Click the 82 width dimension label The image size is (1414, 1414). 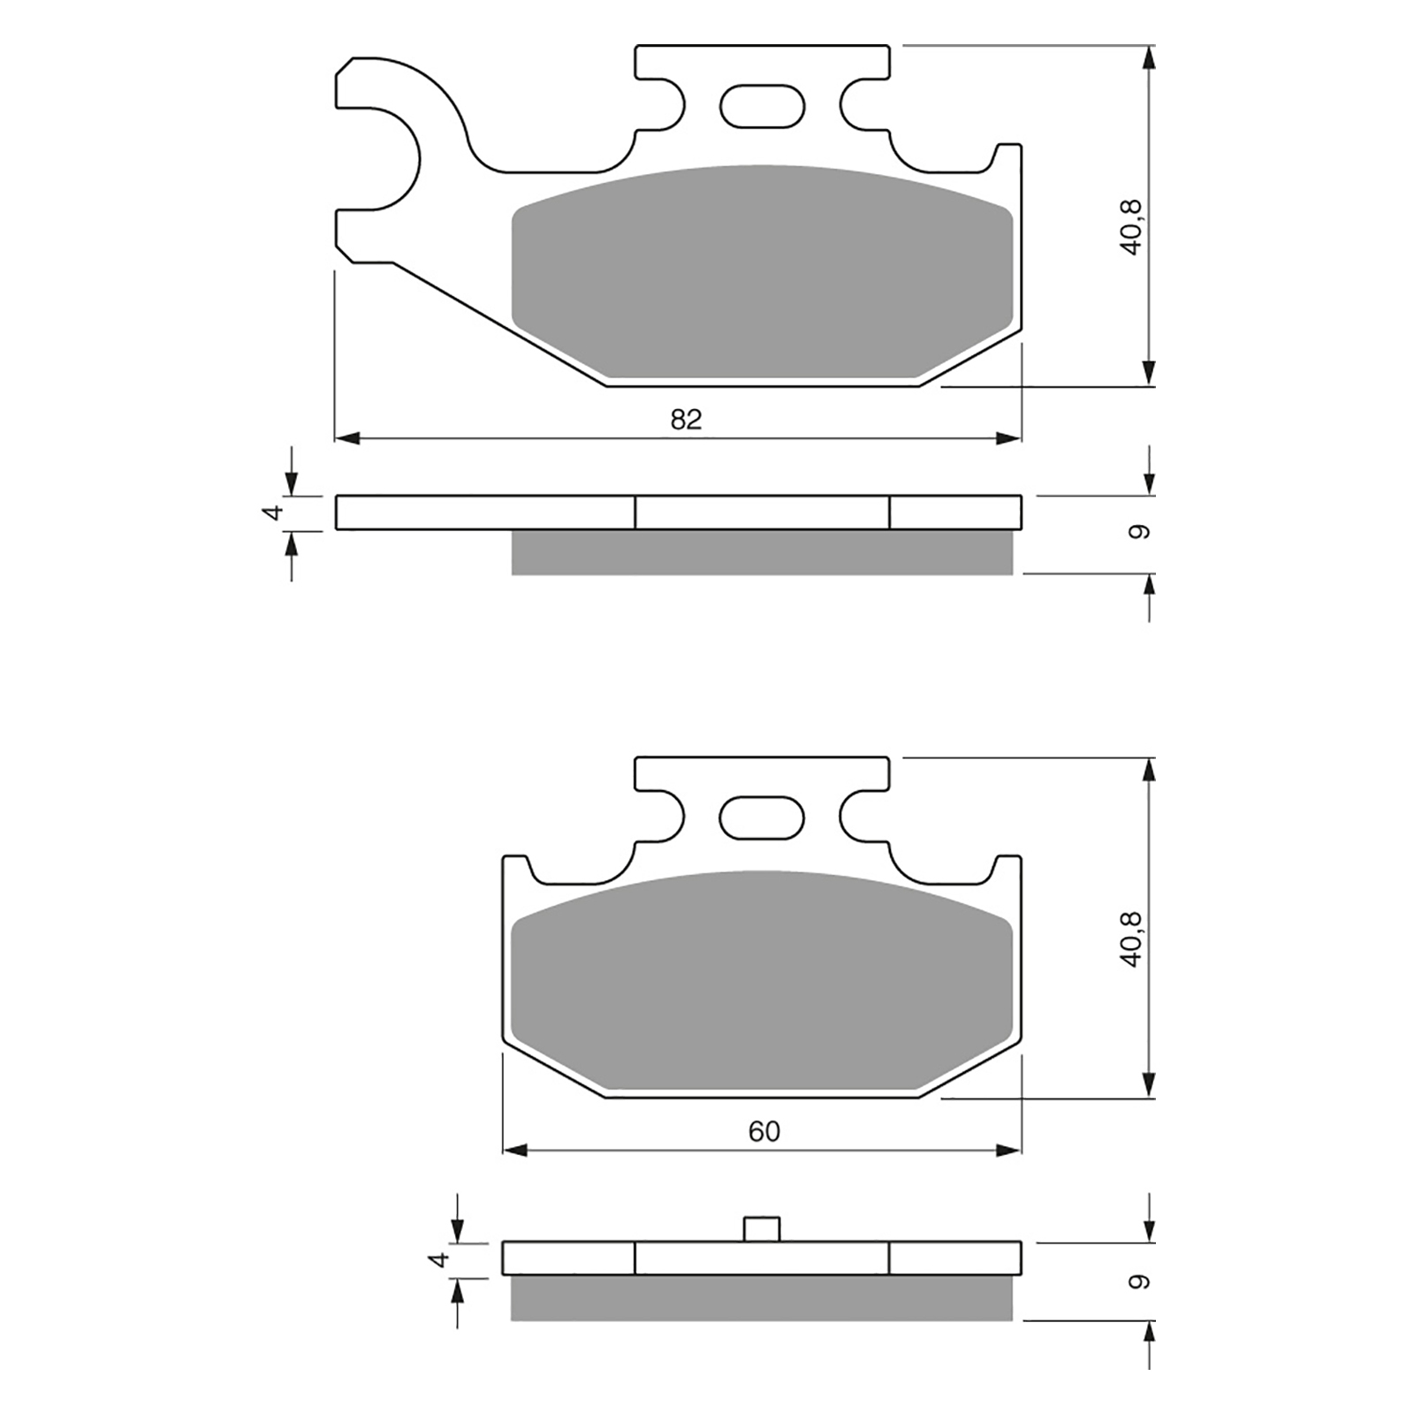click(x=686, y=419)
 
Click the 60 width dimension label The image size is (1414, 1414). click(x=764, y=1132)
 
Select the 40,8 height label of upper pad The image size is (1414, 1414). click(x=1132, y=228)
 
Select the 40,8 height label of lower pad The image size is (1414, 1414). click(x=1132, y=939)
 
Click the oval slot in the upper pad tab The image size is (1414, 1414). click(x=763, y=107)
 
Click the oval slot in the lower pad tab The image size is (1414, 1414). click(x=763, y=817)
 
